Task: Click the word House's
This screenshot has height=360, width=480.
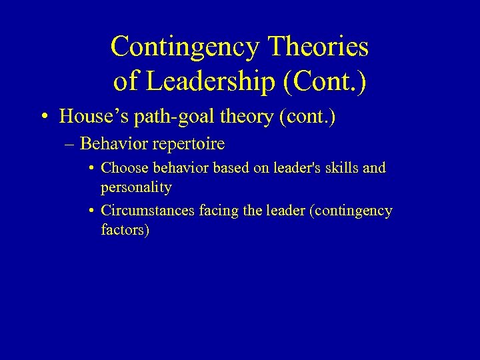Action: [x=87, y=117]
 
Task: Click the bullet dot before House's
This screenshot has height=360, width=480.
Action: [x=43, y=117]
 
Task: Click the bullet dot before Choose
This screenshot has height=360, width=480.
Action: [x=91, y=168]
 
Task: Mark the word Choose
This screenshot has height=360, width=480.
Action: [x=121, y=168]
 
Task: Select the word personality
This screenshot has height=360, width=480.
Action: [x=136, y=187]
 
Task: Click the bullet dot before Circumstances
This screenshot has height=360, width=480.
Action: [x=91, y=211]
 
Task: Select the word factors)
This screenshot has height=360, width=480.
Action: [x=125, y=231]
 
